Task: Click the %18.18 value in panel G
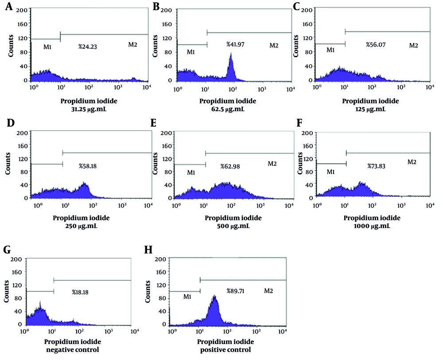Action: click(81, 292)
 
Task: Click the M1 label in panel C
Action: click(330, 50)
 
